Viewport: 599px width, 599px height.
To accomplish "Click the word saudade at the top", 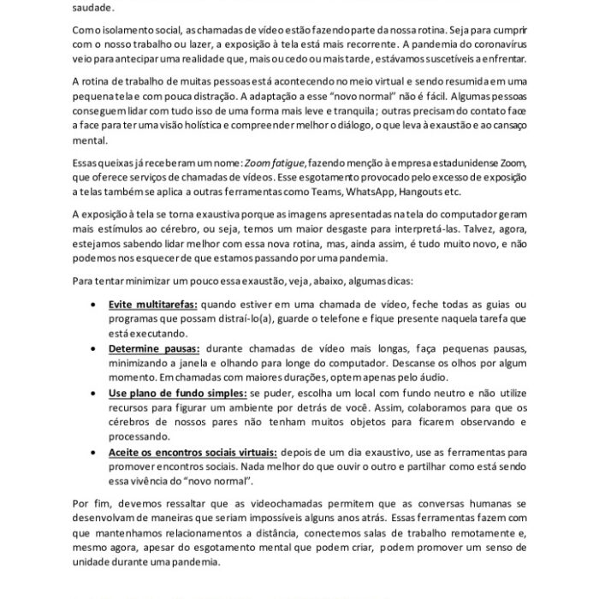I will coord(87,5).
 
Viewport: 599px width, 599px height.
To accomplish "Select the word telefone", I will coord(387,318).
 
